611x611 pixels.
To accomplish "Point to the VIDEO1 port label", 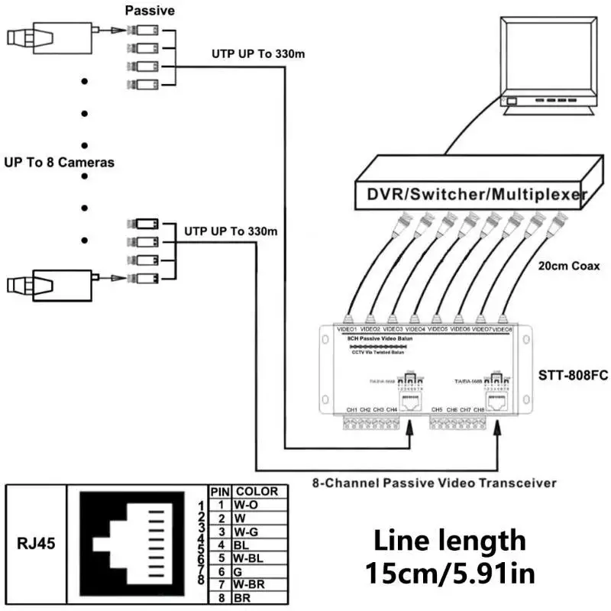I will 348,329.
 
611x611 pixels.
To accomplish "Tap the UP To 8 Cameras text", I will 59,163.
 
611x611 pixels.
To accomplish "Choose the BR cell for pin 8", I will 244,599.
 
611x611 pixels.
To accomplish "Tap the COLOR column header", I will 257,492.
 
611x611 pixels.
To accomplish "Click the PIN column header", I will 221,492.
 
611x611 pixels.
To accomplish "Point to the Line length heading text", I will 449,540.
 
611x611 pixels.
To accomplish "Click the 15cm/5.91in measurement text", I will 449,573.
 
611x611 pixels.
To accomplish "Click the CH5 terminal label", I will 437,410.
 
